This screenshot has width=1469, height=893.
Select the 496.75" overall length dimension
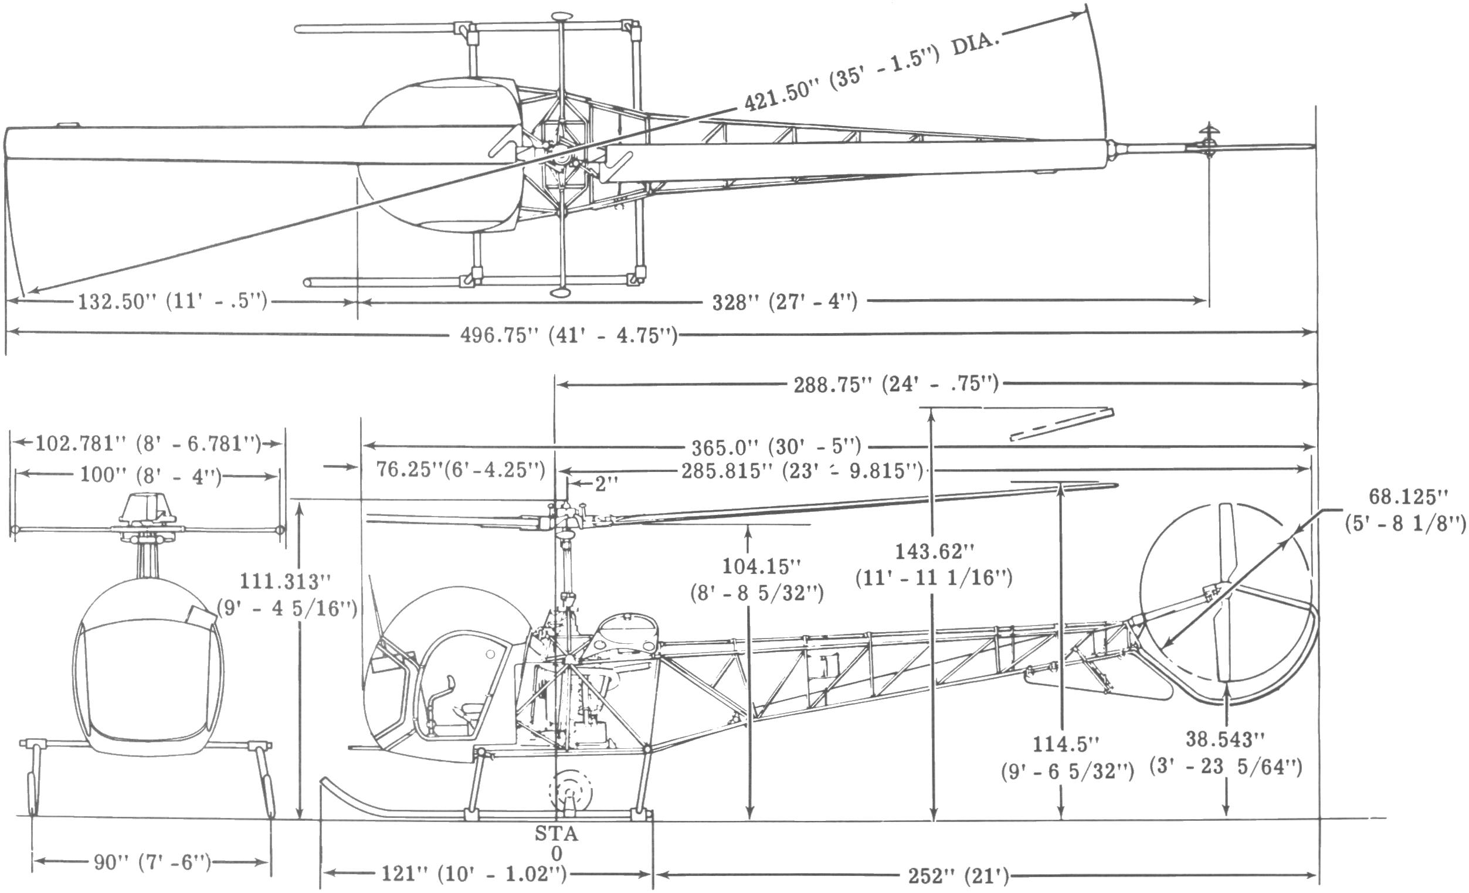[x=569, y=336]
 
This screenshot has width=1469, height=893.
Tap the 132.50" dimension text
[x=172, y=301]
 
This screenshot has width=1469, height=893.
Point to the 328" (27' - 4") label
[x=785, y=302]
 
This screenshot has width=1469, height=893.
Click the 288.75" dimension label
[x=895, y=385]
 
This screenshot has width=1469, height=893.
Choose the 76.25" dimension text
[x=460, y=470]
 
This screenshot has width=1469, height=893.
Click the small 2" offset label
[x=606, y=484]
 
